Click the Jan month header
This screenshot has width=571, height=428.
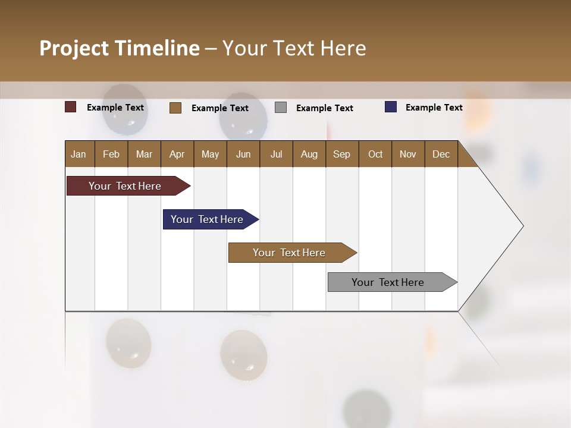[x=79, y=154]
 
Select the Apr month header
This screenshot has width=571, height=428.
[x=177, y=154]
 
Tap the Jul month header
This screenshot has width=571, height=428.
[x=276, y=154]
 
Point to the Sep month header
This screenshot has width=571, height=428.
[x=341, y=154]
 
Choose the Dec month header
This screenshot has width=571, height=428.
[x=441, y=154]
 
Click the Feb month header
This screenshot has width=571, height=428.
[x=111, y=154]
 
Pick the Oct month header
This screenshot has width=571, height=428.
[x=375, y=154]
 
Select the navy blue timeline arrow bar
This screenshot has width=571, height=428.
[x=208, y=219]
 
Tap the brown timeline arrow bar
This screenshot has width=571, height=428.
[x=290, y=253]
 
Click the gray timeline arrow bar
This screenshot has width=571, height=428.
[x=390, y=282]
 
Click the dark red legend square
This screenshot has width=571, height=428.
[x=71, y=107]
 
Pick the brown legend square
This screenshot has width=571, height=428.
[x=175, y=108]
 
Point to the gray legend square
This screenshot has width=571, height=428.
[x=281, y=108]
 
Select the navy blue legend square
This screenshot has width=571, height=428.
[x=391, y=107]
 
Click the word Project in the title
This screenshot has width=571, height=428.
[x=74, y=48]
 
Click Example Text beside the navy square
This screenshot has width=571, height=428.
[x=434, y=108]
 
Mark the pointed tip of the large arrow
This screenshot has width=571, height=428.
[x=523, y=226]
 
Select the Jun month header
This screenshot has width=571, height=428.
[x=243, y=154]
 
